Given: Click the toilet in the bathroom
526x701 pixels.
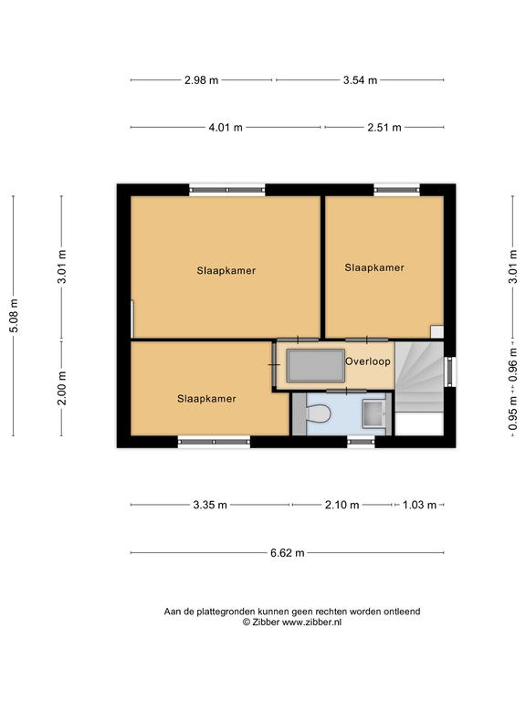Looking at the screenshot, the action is [319, 413].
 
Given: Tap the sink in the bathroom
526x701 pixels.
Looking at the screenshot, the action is [373, 413].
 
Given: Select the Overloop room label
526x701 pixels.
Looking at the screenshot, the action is [368, 361].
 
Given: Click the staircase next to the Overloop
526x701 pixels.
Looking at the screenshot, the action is [419, 376].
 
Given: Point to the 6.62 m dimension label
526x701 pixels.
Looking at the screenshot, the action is [287, 553].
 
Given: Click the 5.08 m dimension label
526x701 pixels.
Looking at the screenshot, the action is [15, 316].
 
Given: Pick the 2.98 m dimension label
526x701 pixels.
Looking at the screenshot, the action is [201, 80].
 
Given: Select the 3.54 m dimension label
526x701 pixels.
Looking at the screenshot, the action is [360, 80].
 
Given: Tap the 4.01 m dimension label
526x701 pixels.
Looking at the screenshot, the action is [226, 128].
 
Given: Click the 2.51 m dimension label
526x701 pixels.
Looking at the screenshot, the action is [384, 128].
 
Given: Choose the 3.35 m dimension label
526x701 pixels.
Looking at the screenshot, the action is [210, 505].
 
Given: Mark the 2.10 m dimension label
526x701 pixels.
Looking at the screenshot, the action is [342, 505].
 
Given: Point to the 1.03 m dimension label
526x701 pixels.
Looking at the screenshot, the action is [419, 505].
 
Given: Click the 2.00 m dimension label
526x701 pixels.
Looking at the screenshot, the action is [62, 388].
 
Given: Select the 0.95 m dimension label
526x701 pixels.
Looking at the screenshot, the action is [513, 413].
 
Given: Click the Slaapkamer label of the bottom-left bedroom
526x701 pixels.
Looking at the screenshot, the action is [206, 399].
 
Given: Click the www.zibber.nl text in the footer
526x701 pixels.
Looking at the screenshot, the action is [311, 622].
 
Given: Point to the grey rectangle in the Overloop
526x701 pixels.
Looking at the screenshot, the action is [315, 366].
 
